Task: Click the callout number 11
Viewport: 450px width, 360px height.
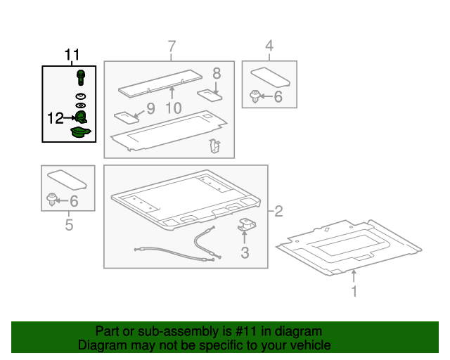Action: point(72,55)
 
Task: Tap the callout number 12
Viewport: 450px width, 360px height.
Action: point(56,118)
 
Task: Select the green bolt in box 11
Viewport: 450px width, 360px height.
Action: point(81,77)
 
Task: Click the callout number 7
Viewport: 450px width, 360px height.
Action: point(172,46)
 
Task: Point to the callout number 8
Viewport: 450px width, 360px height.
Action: point(217,73)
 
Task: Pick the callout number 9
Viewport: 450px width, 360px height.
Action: point(150,108)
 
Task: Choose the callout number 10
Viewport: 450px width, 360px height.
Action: point(174,108)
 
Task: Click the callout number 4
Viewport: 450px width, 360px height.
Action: point(269,46)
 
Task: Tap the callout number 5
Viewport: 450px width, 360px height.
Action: point(69,224)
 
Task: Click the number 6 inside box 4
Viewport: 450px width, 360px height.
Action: point(278,97)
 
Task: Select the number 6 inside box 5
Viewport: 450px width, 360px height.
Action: point(74,201)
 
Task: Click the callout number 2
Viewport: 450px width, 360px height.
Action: point(278,212)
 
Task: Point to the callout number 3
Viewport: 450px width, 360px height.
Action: point(245,252)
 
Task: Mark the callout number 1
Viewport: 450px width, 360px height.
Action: point(354,291)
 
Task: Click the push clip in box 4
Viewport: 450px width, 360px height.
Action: point(255,96)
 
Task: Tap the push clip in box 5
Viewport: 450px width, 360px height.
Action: point(51,200)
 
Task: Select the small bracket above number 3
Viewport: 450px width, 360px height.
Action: point(247,224)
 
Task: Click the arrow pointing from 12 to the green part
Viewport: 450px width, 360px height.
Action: point(70,117)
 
